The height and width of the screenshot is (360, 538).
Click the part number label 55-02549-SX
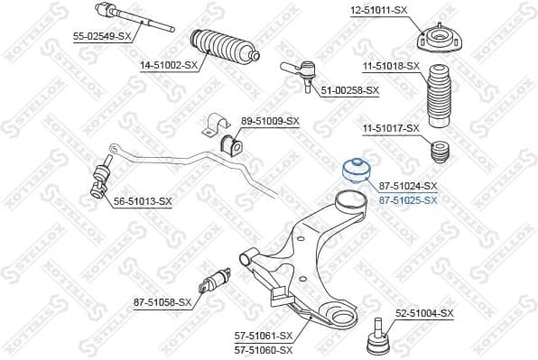tap(102, 36)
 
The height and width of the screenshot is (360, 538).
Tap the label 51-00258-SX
tap(349, 90)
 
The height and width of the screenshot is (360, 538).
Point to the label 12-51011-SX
tap(378, 10)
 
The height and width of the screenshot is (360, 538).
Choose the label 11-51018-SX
tap(391, 66)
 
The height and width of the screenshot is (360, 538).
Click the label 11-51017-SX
tap(391, 128)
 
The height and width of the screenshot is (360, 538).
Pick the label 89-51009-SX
tap(270, 120)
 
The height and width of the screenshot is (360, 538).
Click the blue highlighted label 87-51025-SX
tap(407, 199)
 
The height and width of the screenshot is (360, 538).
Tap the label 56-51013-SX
tap(142, 200)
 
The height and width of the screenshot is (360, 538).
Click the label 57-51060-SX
tap(264, 349)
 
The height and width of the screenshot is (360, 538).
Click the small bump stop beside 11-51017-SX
tap(441, 152)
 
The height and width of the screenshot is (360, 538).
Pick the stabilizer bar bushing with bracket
tap(220, 134)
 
